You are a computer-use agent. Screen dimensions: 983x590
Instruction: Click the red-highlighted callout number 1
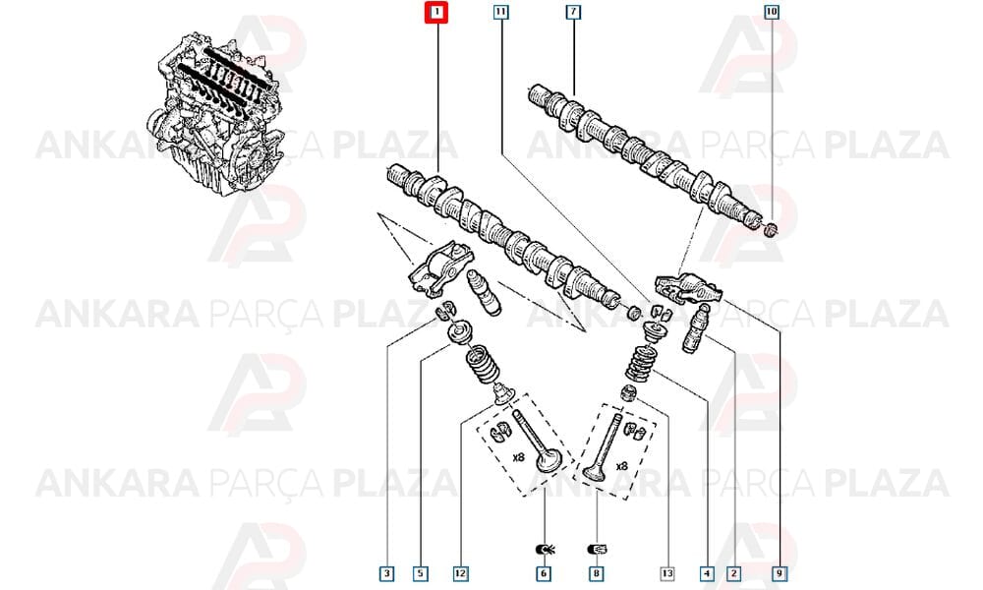click(436, 12)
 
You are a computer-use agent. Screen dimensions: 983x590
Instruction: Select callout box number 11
click(500, 11)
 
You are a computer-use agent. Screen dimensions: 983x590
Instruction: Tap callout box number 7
click(573, 11)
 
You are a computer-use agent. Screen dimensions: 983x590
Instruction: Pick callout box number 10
click(772, 11)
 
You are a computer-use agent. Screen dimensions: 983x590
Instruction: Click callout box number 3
click(386, 573)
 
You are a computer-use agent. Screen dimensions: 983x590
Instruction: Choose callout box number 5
click(421, 573)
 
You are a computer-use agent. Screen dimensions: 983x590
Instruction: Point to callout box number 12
click(461, 573)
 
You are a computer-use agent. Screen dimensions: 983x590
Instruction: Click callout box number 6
click(544, 573)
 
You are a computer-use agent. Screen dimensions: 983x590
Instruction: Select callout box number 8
click(597, 573)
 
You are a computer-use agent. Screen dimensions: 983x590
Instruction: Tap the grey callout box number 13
click(667, 573)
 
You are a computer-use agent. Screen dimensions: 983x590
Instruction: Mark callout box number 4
click(707, 573)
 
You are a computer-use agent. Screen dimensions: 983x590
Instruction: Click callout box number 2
click(733, 573)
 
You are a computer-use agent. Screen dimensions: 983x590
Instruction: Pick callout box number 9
click(780, 573)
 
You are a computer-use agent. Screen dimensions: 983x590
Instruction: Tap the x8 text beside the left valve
click(518, 457)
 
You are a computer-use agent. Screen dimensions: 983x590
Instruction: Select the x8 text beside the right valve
click(621, 466)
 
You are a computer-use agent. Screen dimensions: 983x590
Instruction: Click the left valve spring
click(481, 366)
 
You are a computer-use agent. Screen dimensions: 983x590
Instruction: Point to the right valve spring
click(640, 364)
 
